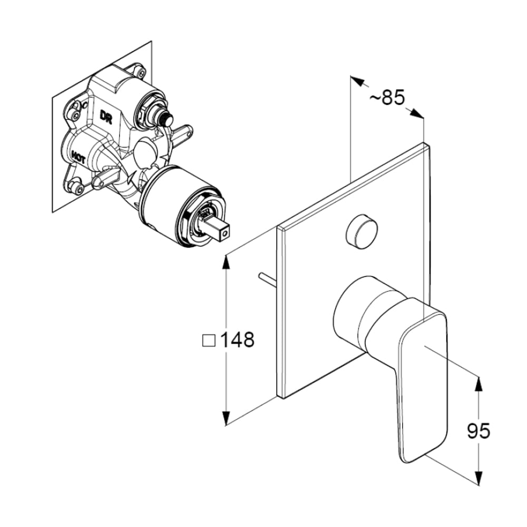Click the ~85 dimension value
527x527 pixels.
pyautogui.click(x=387, y=97)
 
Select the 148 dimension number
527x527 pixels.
pyautogui.click(x=237, y=340)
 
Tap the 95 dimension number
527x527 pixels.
pyautogui.click(x=479, y=431)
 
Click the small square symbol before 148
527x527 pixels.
pyautogui.click(x=209, y=340)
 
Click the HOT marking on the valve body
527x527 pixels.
pyautogui.click(x=78, y=157)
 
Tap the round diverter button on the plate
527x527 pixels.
pyautogui.click(x=362, y=231)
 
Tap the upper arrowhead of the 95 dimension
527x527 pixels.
pyautogui.click(x=479, y=384)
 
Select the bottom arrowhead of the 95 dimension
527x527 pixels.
pyautogui.click(x=479, y=477)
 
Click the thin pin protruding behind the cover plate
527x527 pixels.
pyautogui.click(x=267, y=279)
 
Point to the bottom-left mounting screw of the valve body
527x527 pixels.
pyautogui.click(x=76, y=186)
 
